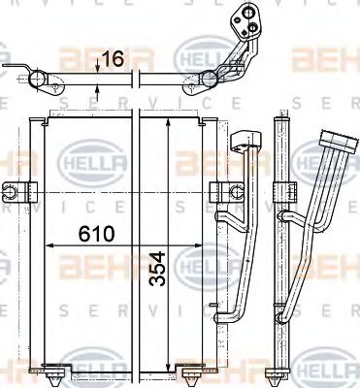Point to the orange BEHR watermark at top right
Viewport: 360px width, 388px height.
(x=325, y=61)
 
